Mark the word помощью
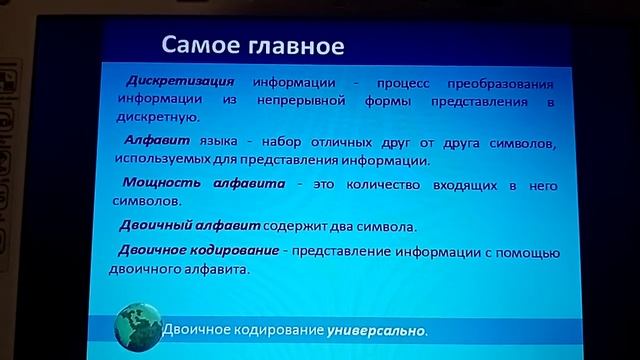(524, 251)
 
